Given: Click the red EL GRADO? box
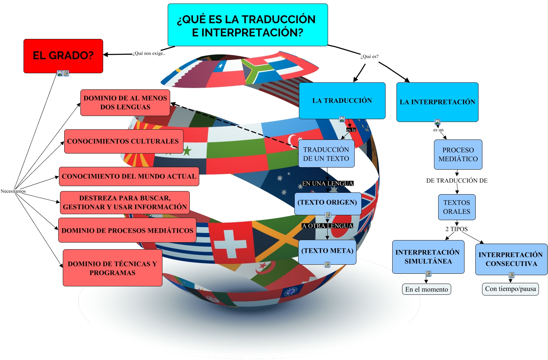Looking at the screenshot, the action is pos(63,56).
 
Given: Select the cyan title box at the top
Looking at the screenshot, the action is pos(247,25).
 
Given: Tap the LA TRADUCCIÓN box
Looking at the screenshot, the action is pos(342,101).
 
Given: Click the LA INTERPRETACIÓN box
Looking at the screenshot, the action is pos(437,102).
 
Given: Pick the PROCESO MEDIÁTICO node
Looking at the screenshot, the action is pos(458,154).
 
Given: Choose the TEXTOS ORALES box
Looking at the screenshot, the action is pos(456,207).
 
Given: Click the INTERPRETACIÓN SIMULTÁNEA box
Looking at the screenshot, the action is pos(428,257).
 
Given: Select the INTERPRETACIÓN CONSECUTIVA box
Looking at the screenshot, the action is pos(511,259).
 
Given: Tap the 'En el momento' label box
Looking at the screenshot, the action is pos(426,289).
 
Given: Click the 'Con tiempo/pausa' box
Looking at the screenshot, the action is pos(510,289).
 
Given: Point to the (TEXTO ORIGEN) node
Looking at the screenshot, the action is pos(327,203).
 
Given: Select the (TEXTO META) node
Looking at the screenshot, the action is pos(327,251).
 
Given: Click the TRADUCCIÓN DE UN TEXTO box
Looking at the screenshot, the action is pos(326,154).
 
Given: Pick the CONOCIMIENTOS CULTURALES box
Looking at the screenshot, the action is pos(123,141).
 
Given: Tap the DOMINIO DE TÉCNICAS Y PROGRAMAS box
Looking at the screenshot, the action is pos(112,268).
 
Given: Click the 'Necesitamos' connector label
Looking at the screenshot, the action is pos(13,191).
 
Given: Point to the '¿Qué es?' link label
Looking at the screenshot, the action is pos(369,56).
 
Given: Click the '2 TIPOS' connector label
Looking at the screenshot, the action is pos(456,229).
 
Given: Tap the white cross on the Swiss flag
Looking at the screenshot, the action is pos(230,243).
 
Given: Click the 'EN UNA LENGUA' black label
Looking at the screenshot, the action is pos(327,183).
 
